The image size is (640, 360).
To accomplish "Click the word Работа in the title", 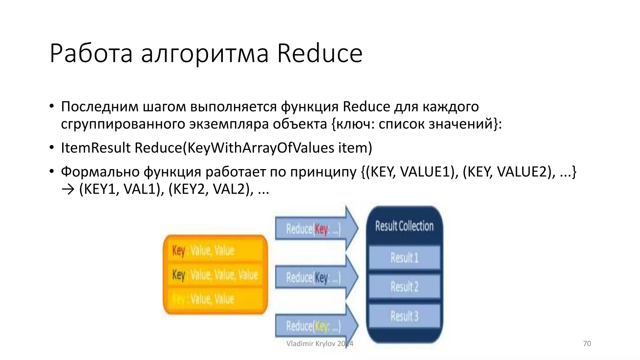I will pos(91,53).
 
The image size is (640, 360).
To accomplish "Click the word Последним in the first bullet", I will pos(100,107).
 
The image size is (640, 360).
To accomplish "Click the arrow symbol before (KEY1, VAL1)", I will pos(68,189).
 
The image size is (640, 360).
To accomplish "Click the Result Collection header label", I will pos(404,226).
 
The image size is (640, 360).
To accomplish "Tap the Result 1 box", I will pos(404,258).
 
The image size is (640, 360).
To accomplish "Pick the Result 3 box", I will pos(404,316).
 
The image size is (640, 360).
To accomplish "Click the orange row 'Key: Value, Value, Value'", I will pos(215,275).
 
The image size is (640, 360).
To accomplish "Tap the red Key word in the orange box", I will pos(178,250).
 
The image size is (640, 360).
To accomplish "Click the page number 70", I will pos(587,343).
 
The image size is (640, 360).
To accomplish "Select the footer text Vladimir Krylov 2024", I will pos(319,343).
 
